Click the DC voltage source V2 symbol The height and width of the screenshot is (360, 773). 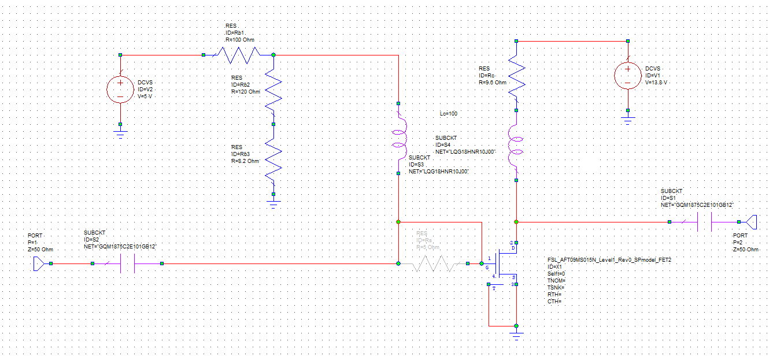[x=120, y=90]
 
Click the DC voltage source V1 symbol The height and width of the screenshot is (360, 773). [x=628, y=76]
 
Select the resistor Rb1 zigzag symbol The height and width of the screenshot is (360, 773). [x=238, y=55]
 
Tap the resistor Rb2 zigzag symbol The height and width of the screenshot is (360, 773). [x=273, y=89]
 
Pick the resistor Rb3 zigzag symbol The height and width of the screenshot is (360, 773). [x=273, y=159]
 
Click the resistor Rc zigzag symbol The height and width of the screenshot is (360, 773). [x=516, y=75]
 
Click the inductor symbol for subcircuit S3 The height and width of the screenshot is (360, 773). [x=398, y=138]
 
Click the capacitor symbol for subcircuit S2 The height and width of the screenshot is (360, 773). [x=127, y=263]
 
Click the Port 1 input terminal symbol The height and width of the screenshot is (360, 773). [x=39, y=263]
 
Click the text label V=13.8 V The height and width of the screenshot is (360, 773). [x=656, y=83]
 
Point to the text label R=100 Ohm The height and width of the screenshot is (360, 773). [x=239, y=40]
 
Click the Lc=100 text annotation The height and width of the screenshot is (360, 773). [x=448, y=114]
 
